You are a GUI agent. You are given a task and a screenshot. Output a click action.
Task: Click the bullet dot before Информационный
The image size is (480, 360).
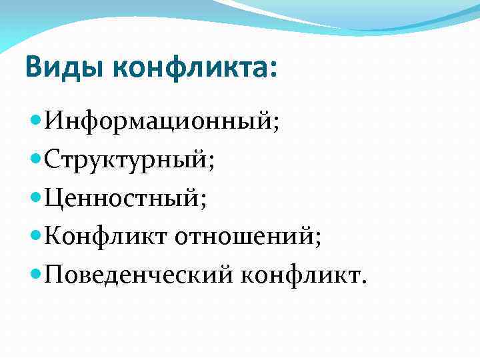click(35, 122)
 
